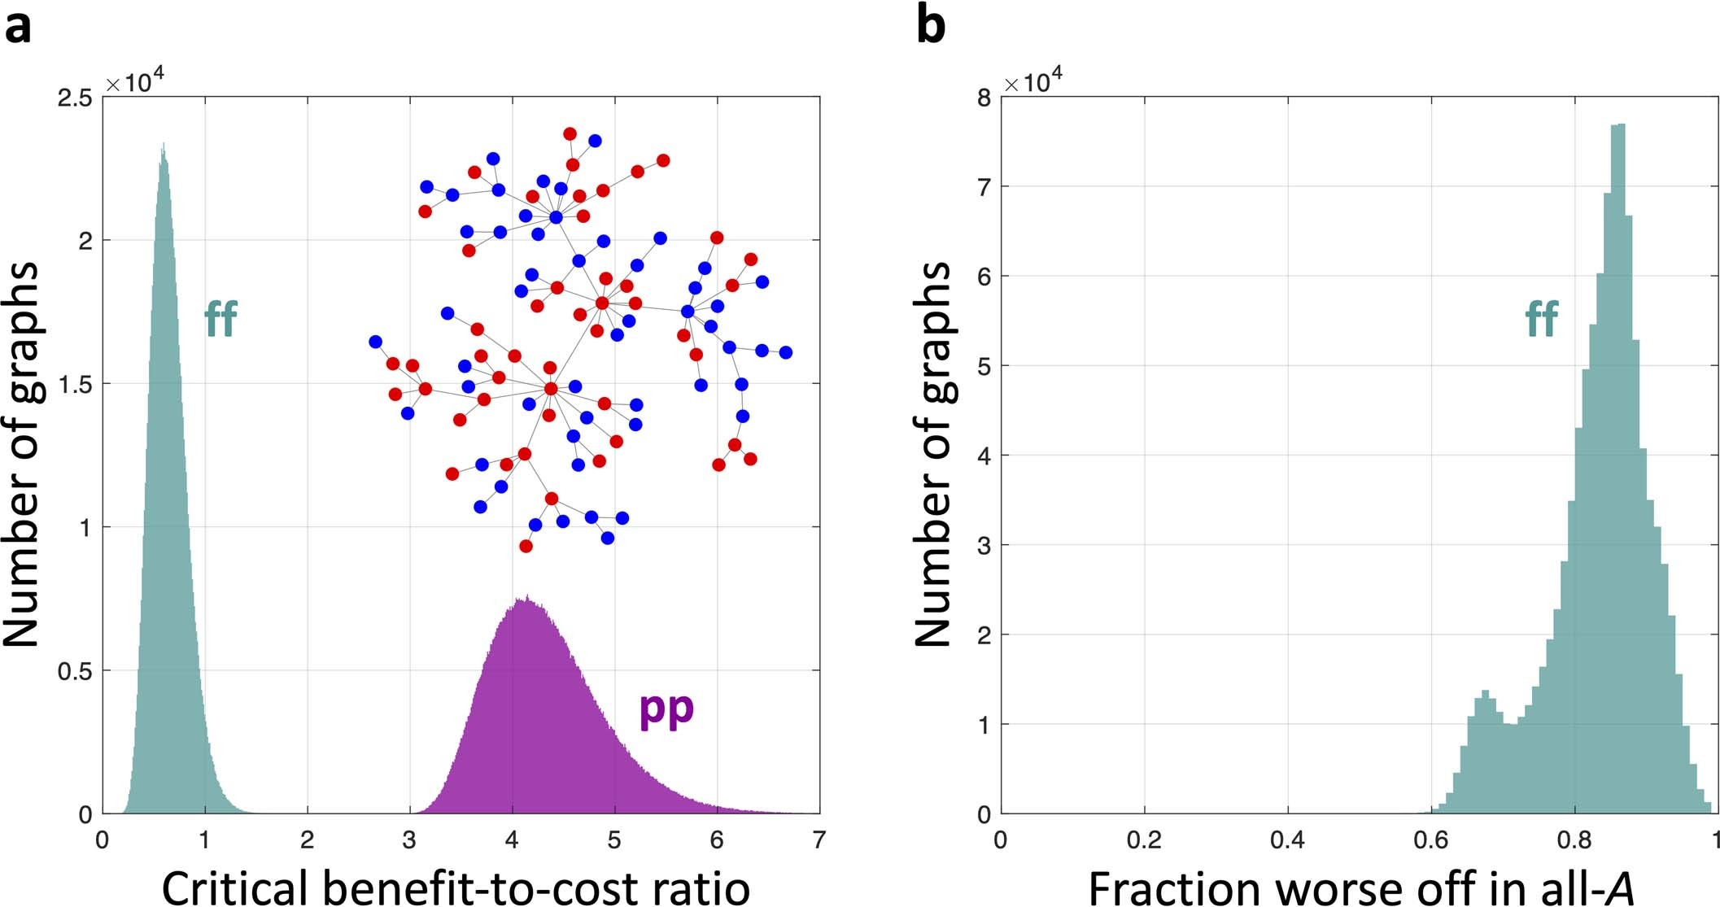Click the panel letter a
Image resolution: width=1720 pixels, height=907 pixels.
(18, 28)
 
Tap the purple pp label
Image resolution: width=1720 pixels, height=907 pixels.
(666, 709)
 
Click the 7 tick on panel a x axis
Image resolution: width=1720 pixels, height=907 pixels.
(819, 839)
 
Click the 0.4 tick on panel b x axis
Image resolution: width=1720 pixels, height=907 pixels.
(1288, 839)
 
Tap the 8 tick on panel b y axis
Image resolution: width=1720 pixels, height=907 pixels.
(984, 98)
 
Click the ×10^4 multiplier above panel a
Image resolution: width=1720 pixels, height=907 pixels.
(134, 83)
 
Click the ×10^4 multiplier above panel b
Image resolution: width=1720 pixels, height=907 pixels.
(1032, 83)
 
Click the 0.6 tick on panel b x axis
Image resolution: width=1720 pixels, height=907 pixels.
(1431, 839)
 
